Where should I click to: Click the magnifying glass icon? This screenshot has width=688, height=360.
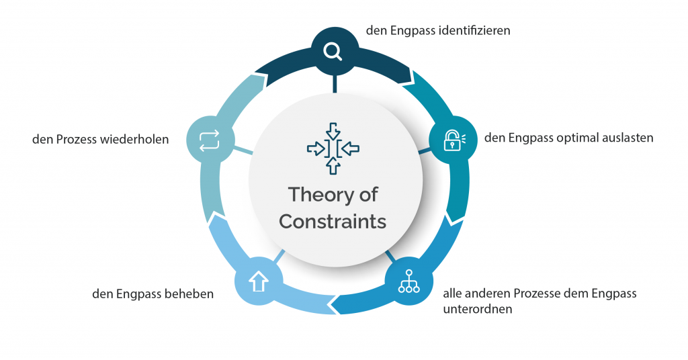[333, 51]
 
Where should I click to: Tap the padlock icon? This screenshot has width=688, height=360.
[454, 140]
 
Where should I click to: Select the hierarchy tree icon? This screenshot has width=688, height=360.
[409, 281]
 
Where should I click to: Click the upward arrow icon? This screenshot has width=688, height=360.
[259, 281]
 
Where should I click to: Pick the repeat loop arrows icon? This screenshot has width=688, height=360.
[210, 140]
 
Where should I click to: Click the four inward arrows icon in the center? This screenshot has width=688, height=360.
[333, 148]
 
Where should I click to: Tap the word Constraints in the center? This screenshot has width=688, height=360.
[333, 222]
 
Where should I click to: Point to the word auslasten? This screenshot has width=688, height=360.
[628, 138]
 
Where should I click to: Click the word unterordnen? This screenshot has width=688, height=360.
[478, 309]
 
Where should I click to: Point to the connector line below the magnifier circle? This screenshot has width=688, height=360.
[335, 84]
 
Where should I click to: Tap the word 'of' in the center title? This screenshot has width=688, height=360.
[369, 195]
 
